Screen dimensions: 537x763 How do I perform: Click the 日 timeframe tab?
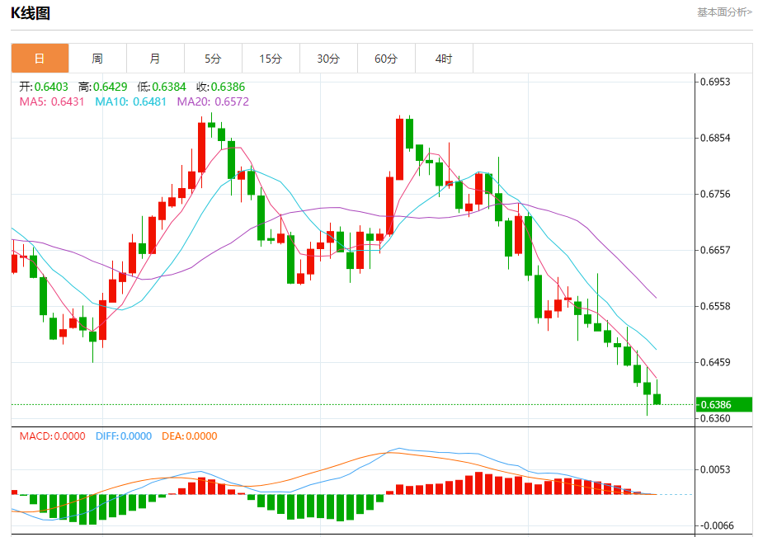(40, 59)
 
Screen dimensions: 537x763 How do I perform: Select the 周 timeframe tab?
(97, 59)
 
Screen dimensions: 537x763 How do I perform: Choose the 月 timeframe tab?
(155, 59)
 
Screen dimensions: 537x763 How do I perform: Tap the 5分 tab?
(213, 59)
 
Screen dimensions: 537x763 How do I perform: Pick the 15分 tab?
(271, 59)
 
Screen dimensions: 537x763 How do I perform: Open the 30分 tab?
(328, 59)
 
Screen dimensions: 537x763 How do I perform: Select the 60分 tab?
(386, 59)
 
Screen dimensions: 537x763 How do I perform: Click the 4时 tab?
(444, 59)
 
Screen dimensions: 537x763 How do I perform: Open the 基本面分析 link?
(724, 12)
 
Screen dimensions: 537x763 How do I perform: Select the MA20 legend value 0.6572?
(231, 101)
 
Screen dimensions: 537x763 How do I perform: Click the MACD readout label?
(52, 436)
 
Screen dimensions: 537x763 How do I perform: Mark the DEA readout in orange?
(189, 436)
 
